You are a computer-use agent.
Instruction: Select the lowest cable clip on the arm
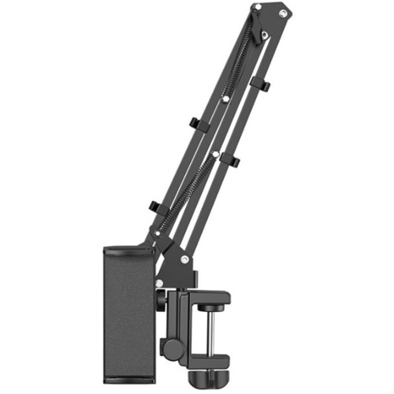pyautogui.click(x=154, y=208)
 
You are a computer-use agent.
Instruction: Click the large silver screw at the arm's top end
pyautogui.click(x=257, y=7)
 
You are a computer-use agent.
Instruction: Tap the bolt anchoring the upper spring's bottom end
pyautogui.click(x=225, y=98)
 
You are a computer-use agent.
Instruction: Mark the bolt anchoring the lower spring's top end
pyautogui.click(x=214, y=153)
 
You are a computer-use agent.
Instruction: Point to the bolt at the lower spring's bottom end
pyautogui.click(x=157, y=234)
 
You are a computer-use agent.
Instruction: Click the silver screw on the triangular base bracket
pyautogui.click(x=184, y=259)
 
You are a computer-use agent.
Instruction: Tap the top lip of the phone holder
pyautogui.click(x=131, y=251)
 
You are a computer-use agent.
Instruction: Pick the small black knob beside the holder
pyautogui.click(x=160, y=299)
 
